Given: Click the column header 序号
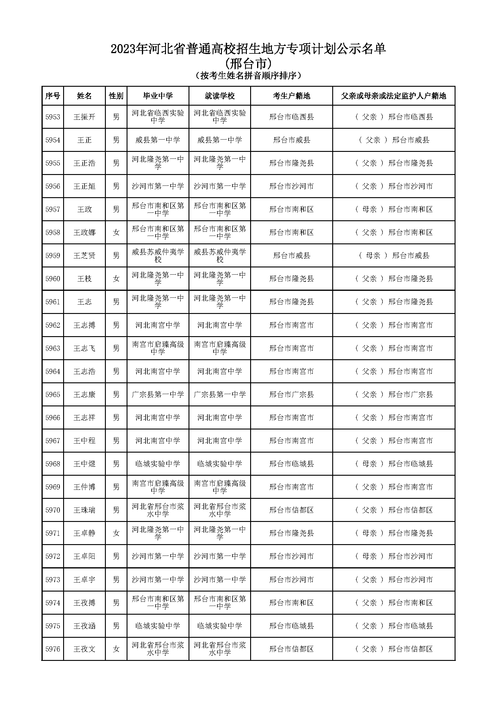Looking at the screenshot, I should pyautogui.click(x=52, y=96).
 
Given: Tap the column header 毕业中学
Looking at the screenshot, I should pyautogui.click(x=158, y=96).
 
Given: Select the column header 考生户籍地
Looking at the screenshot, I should pyautogui.click(x=291, y=96).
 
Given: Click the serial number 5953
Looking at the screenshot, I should pyautogui.click(x=53, y=117).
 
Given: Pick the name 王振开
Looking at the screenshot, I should pyautogui.click(x=84, y=117).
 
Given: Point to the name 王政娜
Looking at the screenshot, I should pyautogui.click(x=84, y=232).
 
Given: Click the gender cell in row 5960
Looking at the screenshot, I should pyautogui.click(x=116, y=279).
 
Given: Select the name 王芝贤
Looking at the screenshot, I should pyautogui.click(x=84, y=256).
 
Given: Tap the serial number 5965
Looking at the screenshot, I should pyautogui.click(x=53, y=394).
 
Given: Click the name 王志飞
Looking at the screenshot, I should pyautogui.click(x=84, y=348).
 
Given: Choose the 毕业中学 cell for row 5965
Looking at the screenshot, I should pyautogui.click(x=158, y=394).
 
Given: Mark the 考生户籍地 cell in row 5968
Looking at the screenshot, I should pyautogui.click(x=291, y=464).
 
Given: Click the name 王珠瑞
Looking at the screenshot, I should pyautogui.click(x=84, y=510).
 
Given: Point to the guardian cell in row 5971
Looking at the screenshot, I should pyautogui.click(x=394, y=533).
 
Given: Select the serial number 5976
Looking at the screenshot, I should pyautogui.click(x=53, y=649).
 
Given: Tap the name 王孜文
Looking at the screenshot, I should pyautogui.click(x=84, y=649).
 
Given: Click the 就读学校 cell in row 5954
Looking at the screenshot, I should pyautogui.click(x=219, y=140).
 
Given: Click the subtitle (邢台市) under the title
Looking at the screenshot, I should pyautogui.click(x=248, y=64).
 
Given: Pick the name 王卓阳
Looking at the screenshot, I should pyautogui.click(x=84, y=556).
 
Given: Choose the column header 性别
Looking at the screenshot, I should pyautogui.click(x=116, y=96).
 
